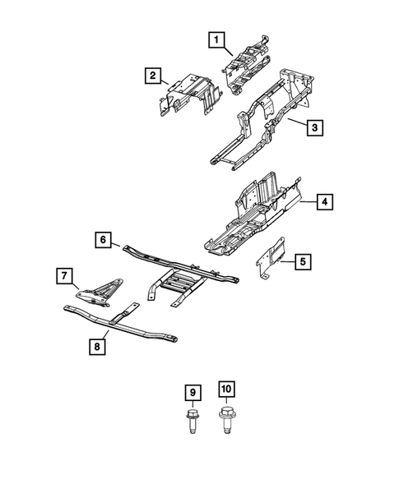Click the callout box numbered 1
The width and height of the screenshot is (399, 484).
click(x=215, y=39)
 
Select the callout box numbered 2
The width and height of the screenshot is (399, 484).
click(x=152, y=76)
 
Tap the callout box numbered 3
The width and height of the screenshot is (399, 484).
click(x=313, y=127)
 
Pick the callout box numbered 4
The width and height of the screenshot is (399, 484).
click(x=325, y=202)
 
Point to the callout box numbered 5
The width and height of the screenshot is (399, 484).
click(x=302, y=262)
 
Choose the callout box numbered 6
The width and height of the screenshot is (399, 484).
click(x=103, y=240)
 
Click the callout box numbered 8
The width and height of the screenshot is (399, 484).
click(x=97, y=347)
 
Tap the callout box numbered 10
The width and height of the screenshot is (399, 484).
click(x=226, y=393)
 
